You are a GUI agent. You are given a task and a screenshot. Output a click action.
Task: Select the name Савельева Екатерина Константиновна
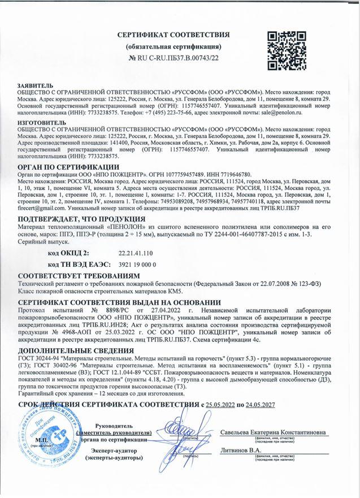(x=274, y=432)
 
